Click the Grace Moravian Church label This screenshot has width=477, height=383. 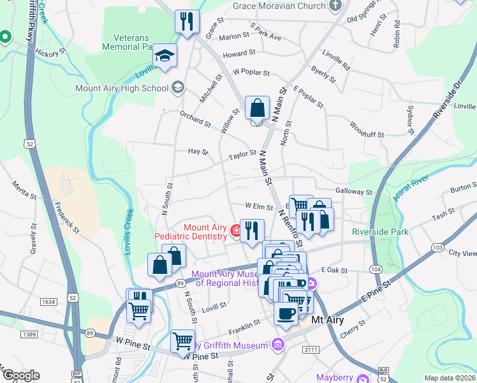[279, 6]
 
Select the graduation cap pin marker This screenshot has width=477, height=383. [165, 57]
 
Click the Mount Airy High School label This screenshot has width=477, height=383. [122, 88]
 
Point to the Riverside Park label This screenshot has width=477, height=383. [380, 232]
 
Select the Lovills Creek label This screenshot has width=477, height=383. [129, 232]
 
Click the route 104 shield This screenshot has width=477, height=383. [376, 270]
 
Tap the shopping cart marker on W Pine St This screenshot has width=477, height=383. [183, 341]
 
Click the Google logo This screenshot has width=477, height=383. [20, 376]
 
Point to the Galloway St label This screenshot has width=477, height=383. [353, 191]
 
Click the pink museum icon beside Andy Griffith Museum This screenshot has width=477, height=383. [277, 346]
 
